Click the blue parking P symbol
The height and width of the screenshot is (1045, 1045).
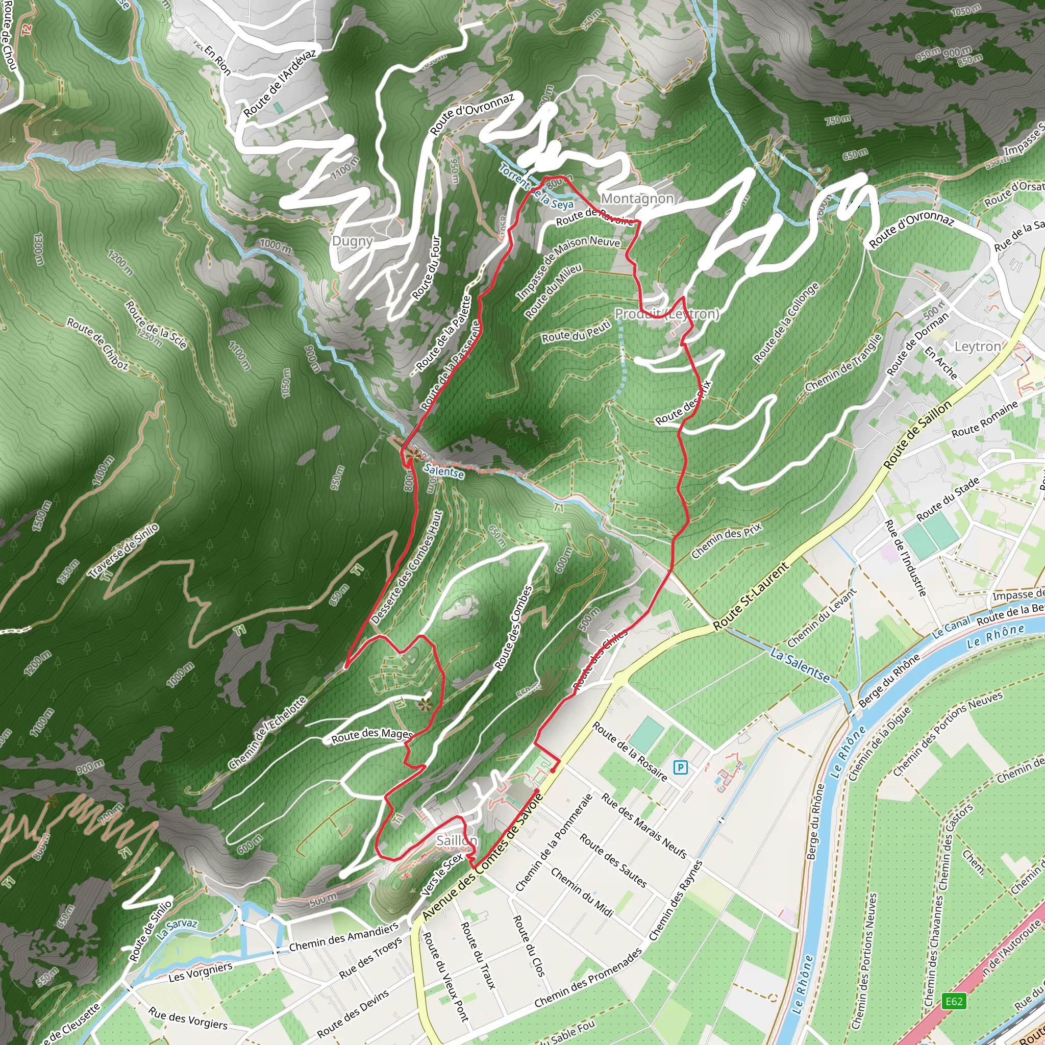pyautogui.click(x=681, y=767)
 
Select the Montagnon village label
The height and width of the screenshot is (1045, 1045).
pyautogui.click(x=637, y=199)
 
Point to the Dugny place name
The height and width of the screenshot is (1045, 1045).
pyautogui.click(x=353, y=241)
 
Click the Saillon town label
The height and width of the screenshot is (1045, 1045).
pyautogui.click(x=457, y=840)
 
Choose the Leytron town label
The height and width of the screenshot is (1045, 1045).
pyautogui.click(x=977, y=346)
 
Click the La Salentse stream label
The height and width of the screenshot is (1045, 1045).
pyautogui.click(x=800, y=665)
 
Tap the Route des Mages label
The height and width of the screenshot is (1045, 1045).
pyautogui.click(x=372, y=736)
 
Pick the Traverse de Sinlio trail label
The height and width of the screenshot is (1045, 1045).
pyautogui.click(x=124, y=551)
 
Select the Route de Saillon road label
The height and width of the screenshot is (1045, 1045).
pyautogui.click(x=917, y=435)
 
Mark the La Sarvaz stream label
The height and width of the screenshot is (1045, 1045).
pyautogui.click(x=177, y=929)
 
